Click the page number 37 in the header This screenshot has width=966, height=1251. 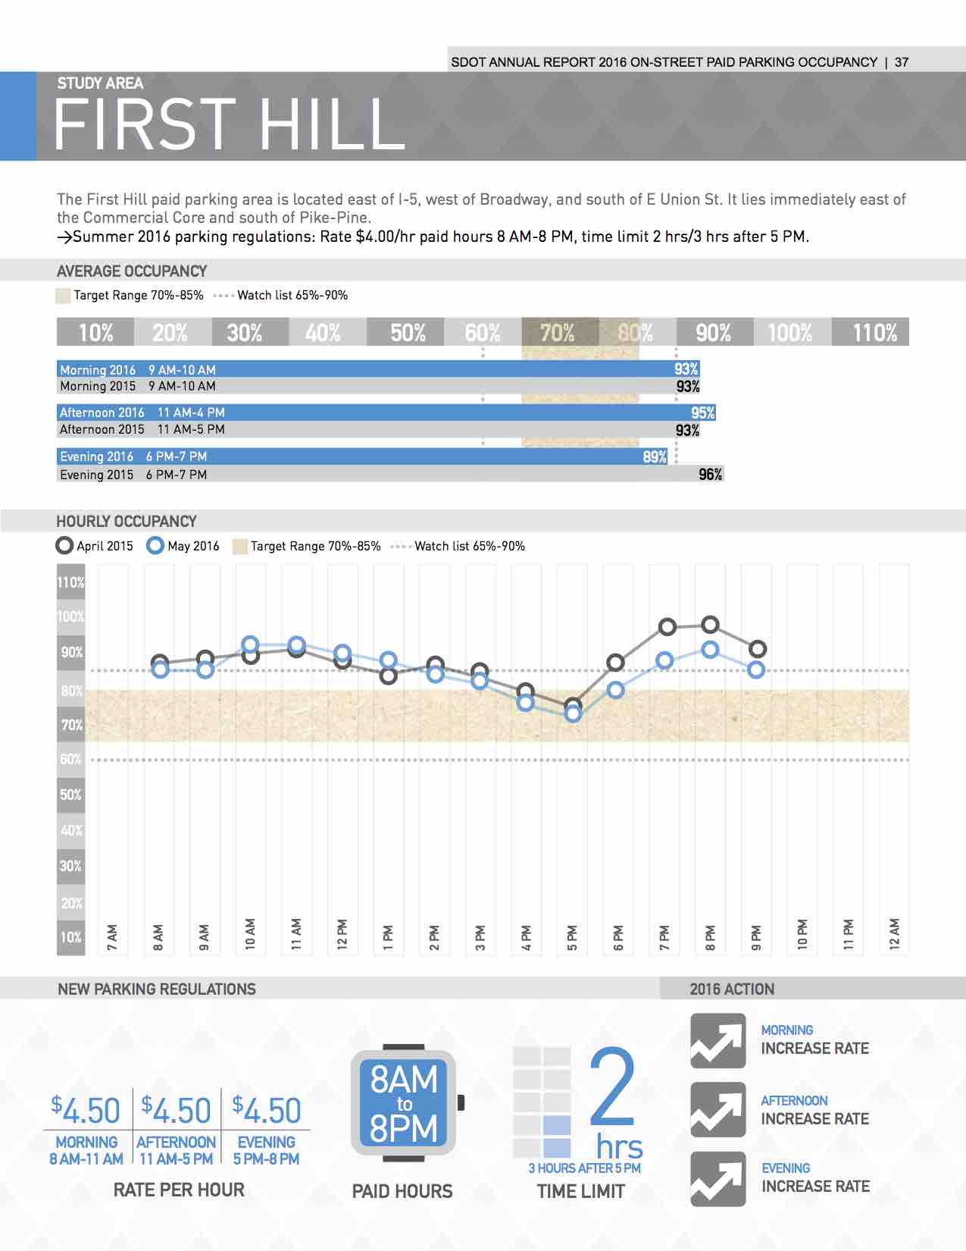902,62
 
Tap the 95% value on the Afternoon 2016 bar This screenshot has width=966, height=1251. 702,412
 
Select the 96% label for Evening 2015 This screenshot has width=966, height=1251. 711,475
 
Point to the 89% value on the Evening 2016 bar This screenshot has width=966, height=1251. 655,456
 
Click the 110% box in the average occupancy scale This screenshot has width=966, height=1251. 870,332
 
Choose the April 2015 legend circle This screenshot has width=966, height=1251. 64,545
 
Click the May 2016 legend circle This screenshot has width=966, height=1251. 155,545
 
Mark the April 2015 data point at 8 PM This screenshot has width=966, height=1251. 711,624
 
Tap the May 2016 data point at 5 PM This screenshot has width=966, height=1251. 573,714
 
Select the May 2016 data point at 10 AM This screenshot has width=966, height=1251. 250,644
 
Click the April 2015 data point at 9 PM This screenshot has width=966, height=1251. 758,649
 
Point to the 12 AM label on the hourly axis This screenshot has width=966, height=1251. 894,934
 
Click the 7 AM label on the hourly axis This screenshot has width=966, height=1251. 112,936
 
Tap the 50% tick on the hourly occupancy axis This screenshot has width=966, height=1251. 70,795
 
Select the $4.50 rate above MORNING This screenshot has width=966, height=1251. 86,1111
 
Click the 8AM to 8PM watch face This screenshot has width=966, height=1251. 404,1102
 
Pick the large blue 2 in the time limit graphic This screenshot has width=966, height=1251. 612,1087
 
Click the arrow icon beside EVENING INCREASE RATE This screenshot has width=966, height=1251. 718,1179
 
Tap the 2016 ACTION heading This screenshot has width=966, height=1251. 732,989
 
